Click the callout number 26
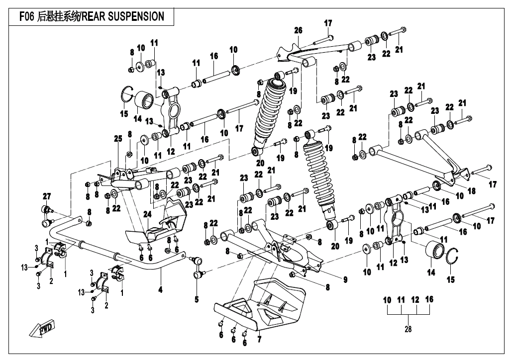click(x=298, y=31)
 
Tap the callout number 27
click(x=47, y=195)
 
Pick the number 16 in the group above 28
click(x=429, y=300)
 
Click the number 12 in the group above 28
click(x=415, y=300)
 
